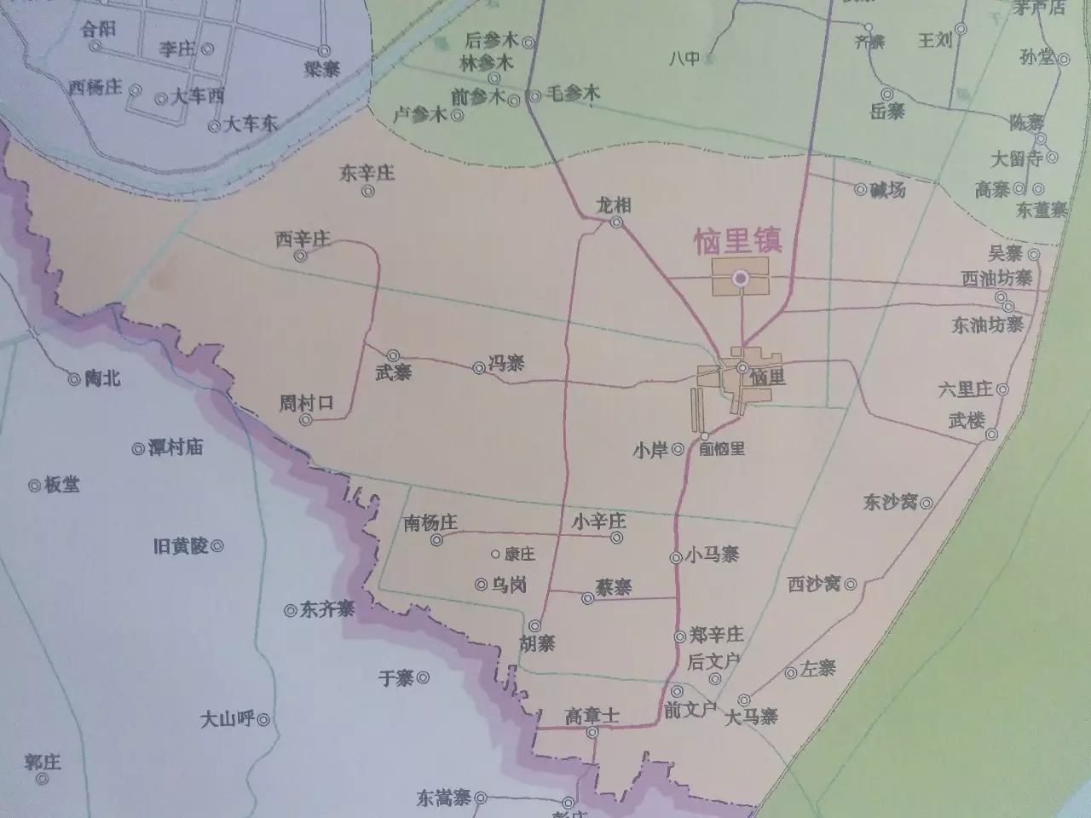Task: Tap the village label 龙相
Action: point(615,205)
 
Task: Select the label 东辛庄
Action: point(367,174)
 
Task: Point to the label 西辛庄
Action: point(302,239)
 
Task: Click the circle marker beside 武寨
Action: point(394,355)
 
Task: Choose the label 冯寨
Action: point(505,365)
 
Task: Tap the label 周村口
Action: point(306,403)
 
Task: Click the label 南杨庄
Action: point(431,522)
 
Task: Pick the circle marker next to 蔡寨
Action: point(587,598)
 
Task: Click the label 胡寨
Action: point(537,643)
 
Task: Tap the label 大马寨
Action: point(751,717)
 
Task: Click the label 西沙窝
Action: point(814,584)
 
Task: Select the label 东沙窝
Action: point(890,501)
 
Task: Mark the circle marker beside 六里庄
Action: point(1003,390)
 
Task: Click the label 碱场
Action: point(887,189)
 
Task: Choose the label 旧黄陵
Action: point(181,546)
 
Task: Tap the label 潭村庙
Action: point(175,446)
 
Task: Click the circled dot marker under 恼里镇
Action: point(741,277)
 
